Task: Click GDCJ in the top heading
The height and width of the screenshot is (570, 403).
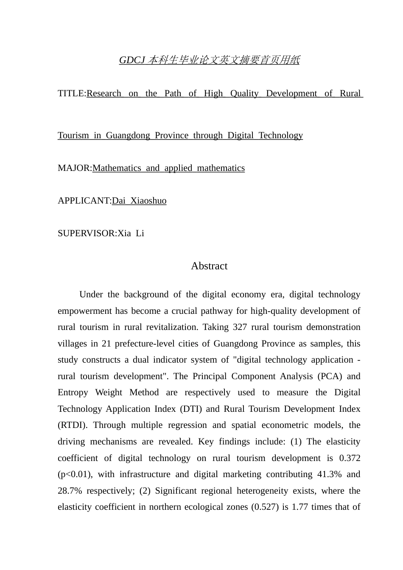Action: pos(131,61)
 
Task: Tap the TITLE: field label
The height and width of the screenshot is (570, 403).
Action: pos(72,94)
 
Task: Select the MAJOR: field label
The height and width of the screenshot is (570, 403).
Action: pos(75,168)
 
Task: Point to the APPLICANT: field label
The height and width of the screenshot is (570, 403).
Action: pos(84,201)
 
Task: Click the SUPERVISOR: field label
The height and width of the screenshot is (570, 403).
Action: pos(87,234)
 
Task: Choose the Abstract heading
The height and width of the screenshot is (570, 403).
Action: pos(209,266)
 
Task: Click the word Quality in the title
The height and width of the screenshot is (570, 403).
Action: pos(244,94)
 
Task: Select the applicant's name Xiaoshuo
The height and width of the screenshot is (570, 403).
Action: pos(148,201)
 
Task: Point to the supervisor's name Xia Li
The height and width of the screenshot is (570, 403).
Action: pos(131,234)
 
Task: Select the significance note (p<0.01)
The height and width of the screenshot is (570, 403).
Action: pos(75,475)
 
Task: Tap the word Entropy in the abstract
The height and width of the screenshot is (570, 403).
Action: pos(73,393)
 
